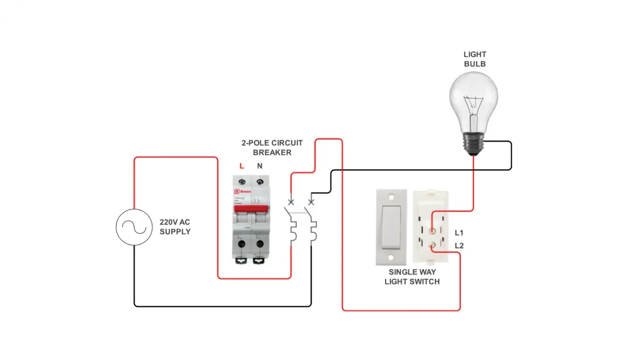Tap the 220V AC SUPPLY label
175,227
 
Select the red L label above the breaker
242,166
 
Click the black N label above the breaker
260,166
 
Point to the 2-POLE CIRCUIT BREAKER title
272,148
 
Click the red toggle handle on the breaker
251,208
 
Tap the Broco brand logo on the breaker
242,192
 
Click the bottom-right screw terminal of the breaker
260,244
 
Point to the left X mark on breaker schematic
291,201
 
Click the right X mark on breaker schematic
311,201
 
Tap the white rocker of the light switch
391,227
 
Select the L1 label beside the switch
459,233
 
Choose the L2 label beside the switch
459,246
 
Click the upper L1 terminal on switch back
431,231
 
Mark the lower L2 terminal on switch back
431,245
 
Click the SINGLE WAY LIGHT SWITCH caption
412,277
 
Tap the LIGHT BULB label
475,59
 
